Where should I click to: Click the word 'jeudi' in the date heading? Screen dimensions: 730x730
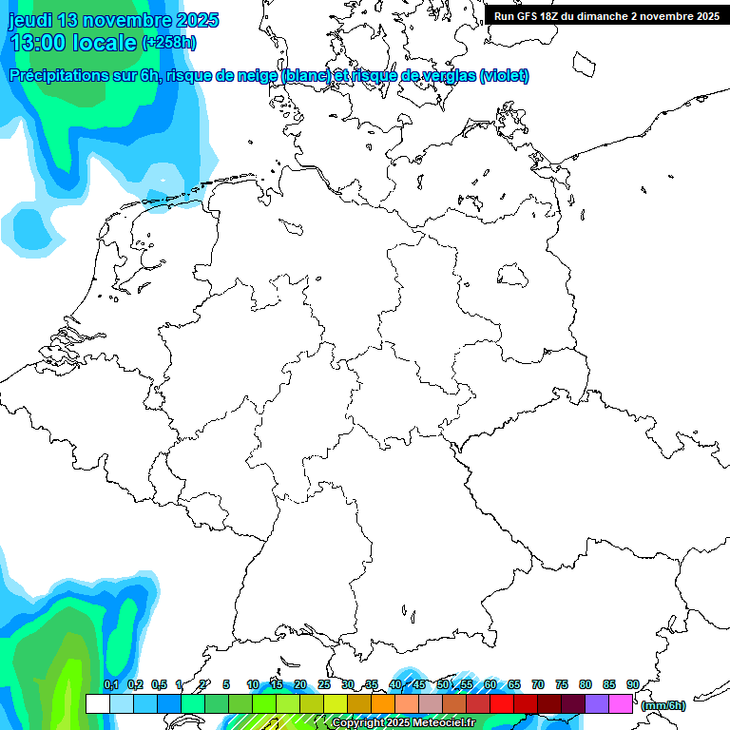click(29, 20)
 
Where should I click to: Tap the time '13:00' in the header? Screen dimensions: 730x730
click(40, 42)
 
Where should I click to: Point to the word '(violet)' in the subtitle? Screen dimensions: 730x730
click(505, 76)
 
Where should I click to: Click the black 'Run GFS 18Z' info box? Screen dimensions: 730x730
click(606, 16)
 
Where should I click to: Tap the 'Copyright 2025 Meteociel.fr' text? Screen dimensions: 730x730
click(403, 723)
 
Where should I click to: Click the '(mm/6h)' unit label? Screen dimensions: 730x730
click(663, 705)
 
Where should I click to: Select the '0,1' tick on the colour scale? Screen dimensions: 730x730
click(110, 684)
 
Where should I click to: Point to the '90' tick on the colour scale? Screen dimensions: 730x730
click(632, 684)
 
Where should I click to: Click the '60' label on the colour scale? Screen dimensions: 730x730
click(490, 684)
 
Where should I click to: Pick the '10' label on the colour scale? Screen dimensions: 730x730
click(252, 684)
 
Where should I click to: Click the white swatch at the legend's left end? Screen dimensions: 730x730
click(97, 703)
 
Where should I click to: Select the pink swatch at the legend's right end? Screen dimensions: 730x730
click(620, 703)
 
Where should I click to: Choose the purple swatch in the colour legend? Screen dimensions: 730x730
click(596, 703)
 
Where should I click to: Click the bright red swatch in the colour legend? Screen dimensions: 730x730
click(501, 703)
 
